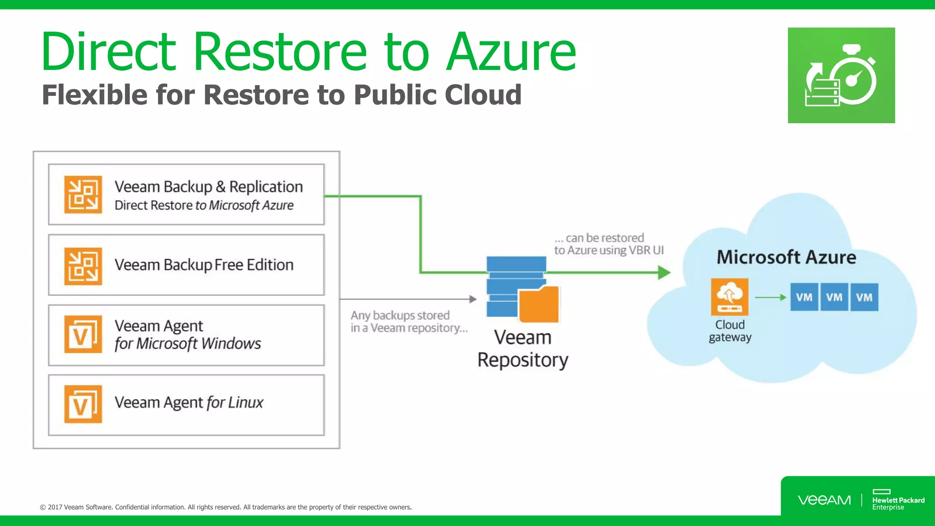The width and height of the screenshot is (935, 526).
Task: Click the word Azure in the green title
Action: tap(511, 52)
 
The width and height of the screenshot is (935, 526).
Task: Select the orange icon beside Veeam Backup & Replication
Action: tap(83, 195)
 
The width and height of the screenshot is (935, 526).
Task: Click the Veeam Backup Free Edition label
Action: tap(204, 265)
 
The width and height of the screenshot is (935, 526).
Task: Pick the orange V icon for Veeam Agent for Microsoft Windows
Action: tap(83, 334)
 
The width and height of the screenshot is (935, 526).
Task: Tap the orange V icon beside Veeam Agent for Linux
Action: tap(83, 404)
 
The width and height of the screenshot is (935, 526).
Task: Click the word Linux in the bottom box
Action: tap(246, 403)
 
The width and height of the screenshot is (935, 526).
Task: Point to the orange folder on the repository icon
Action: tap(539, 304)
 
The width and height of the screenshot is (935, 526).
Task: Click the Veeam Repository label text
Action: tap(523, 348)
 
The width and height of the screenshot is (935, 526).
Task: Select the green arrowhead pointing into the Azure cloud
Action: tap(664, 273)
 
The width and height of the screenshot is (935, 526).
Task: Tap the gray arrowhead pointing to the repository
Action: tap(473, 299)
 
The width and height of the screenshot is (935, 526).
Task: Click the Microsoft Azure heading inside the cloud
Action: tap(786, 257)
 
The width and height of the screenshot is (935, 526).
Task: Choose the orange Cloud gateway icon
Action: tap(730, 297)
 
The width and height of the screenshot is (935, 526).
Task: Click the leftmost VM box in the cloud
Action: tap(804, 297)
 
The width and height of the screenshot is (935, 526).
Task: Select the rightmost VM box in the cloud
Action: tap(864, 297)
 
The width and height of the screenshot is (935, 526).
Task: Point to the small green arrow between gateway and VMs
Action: tap(770, 297)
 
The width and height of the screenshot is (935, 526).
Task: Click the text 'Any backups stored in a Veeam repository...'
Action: tap(409, 321)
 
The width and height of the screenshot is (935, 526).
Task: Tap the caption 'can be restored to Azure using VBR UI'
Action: tap(609, 244)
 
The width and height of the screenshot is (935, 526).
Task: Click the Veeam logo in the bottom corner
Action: tap(824, 500)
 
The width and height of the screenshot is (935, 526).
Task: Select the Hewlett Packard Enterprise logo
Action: tap(898, 500)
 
